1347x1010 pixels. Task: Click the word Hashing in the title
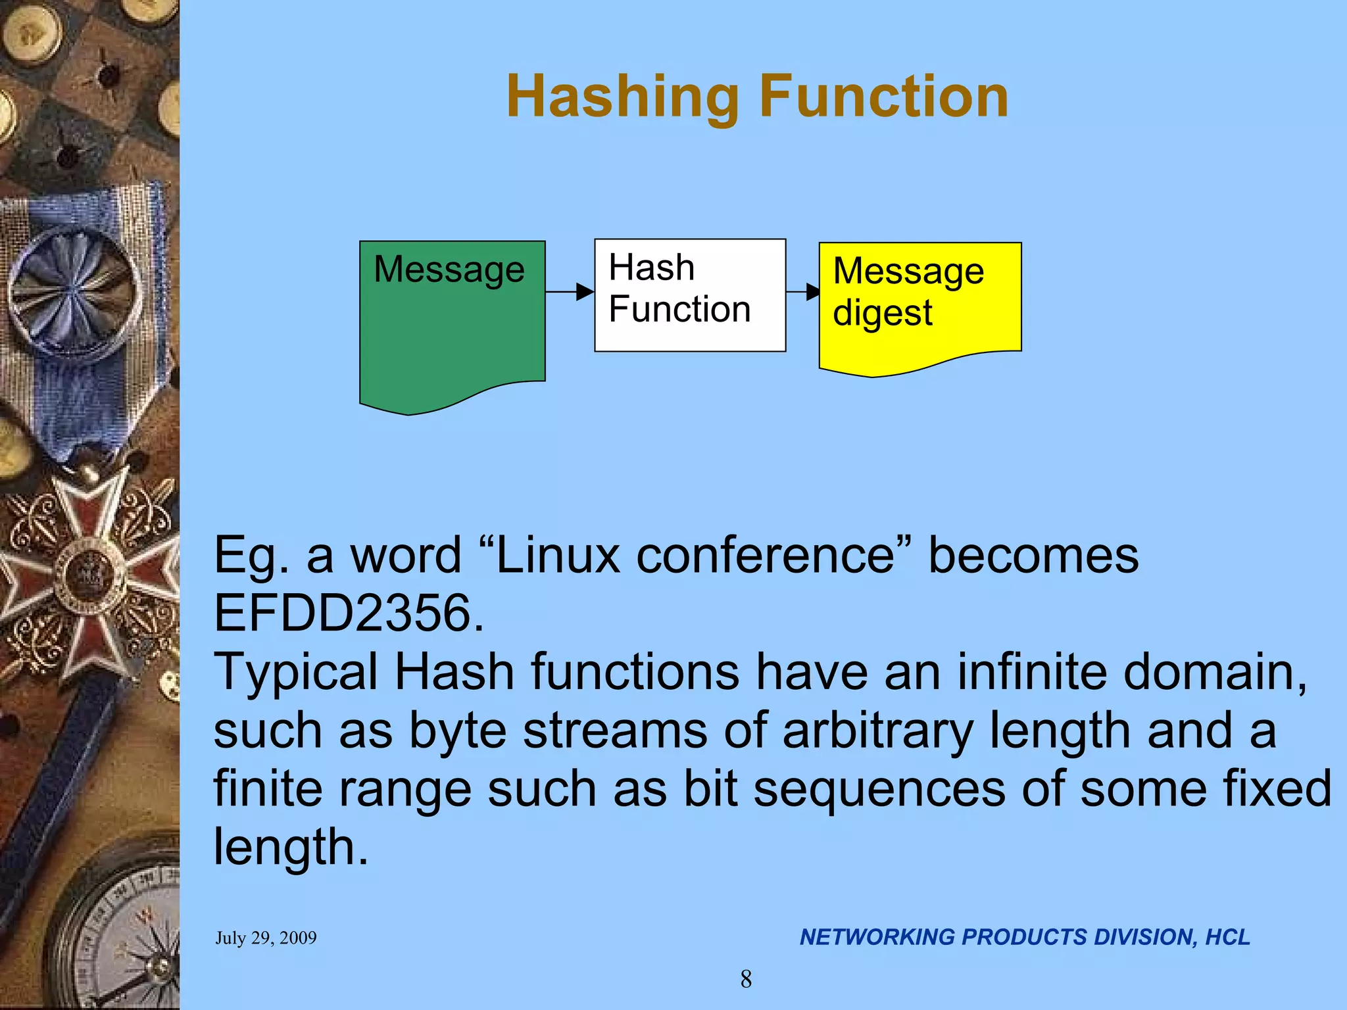click(622, 97)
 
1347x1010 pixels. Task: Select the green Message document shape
click(452, 329)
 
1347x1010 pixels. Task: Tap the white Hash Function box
click(690, 295)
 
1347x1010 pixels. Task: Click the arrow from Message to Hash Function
click(570, 291)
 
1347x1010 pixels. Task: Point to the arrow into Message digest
click(803, 291)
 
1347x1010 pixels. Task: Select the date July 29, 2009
click(266, 938)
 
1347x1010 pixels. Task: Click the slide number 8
click(746, 979)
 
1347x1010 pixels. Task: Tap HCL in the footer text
click(1227, 937)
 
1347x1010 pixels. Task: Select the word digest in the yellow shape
click(882, 313)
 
